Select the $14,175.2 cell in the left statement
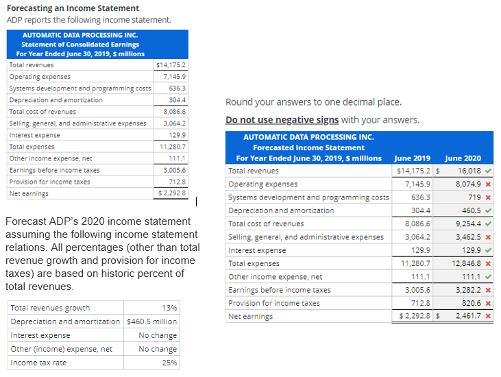171,65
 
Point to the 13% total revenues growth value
169,308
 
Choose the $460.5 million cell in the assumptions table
152,321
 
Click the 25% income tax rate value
169,363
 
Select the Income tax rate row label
38,363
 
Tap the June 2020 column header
463,158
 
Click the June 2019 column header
413,158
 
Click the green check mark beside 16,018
487,171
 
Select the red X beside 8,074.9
487,184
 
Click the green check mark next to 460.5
487,210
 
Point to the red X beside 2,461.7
487,316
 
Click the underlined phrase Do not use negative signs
282,120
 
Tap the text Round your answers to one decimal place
313,102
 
